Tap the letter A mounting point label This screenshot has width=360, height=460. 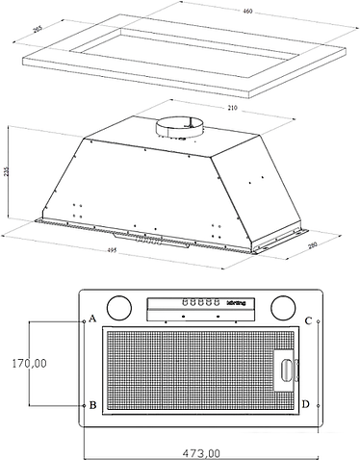pyautogui.click(x=93, y=318)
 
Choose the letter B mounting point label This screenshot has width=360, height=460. pyautogui.click(x=93, y=405)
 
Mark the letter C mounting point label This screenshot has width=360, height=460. pyautogui.click(x=306, y=320)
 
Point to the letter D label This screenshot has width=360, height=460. pyautogui.click(x=306, y=404)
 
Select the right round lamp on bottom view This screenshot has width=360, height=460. pyautogui.click(x=283, y=308)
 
